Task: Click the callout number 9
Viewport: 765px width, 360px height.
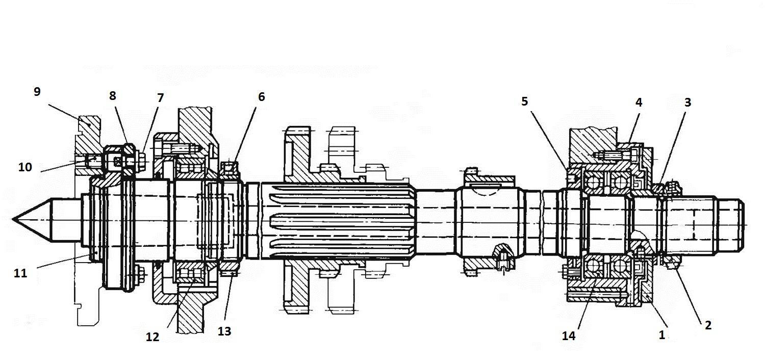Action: (37, 92)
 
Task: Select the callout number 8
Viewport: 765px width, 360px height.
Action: (112, 96)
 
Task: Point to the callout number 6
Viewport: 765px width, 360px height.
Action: (261, 96)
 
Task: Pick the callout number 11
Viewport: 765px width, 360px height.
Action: (20, 273)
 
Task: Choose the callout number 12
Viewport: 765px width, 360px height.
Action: (152, 337)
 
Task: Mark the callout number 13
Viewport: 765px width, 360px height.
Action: (224, 331)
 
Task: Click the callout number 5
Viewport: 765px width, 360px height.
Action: (525, 101)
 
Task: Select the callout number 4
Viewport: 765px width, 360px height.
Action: (638, 102)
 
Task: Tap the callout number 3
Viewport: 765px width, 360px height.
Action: (687, 102)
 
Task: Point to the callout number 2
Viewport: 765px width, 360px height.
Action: (708, 325)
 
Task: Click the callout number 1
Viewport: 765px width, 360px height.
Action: (662, 335)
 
